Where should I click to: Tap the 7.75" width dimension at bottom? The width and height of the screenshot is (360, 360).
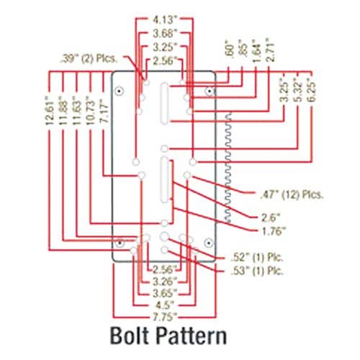point(163,318)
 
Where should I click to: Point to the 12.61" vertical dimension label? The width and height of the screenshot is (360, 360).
point(49,110)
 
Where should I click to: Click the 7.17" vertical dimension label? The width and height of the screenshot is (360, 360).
point(104,113)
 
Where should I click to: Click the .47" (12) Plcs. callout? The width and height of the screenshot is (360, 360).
point(292,194)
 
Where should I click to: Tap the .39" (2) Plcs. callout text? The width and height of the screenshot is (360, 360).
point(89,59)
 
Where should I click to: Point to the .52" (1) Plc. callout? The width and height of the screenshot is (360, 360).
point(257,257)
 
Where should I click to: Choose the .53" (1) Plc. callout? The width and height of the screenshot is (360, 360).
point(257,271)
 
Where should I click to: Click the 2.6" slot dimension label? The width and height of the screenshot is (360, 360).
point(271,218)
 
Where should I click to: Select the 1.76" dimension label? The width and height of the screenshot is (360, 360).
point(274,231)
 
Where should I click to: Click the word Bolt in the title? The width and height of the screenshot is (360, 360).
point(128,336)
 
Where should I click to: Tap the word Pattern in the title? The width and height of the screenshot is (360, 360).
point(192,336)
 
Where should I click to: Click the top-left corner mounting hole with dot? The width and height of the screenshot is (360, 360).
point(119,91)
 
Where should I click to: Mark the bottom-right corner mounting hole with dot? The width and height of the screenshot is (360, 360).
point(209,243)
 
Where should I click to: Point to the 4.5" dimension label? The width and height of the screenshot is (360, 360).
point(164,305)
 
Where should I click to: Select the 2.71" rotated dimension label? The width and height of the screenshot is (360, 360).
point(270,50)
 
